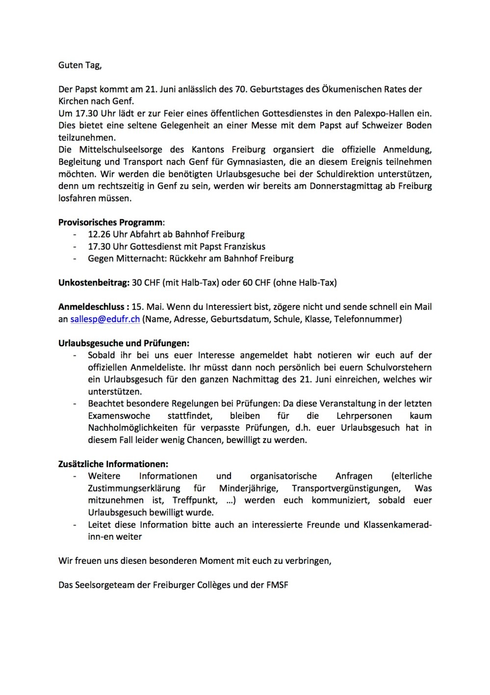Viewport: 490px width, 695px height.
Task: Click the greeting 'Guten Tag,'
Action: point(80,65)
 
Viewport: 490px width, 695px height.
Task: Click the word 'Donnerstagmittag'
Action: point(346,186)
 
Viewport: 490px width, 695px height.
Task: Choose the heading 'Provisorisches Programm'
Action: point(110,222)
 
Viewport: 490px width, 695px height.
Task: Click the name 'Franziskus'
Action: point(242,247)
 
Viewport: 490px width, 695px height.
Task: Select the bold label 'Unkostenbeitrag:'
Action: point(94,283)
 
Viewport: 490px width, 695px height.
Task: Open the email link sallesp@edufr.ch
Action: point(105,319)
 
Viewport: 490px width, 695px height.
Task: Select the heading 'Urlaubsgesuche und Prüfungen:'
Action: point(124,343)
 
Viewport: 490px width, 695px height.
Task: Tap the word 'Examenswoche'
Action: point(119,416)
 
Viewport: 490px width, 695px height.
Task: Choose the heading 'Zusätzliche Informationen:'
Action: point(113,464)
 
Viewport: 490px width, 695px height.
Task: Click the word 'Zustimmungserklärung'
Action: point(134,488)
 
